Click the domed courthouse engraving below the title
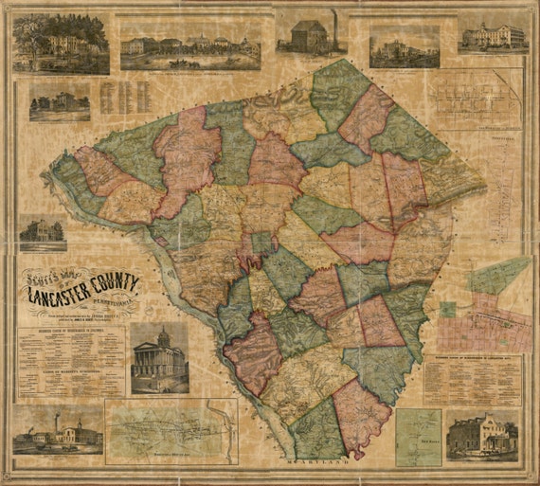tap(158, 358)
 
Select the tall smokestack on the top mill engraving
tap(333, 21)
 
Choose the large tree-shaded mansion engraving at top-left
tap(61, 44)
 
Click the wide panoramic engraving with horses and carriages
tap(190, 45)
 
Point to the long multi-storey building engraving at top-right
tap(492, 36)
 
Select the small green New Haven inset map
tap(418, 437)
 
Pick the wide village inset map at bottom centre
tap(171, 432)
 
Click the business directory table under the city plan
tap(470, 379)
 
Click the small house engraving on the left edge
tap(42, 233)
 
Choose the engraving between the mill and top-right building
tap(404, 45)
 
